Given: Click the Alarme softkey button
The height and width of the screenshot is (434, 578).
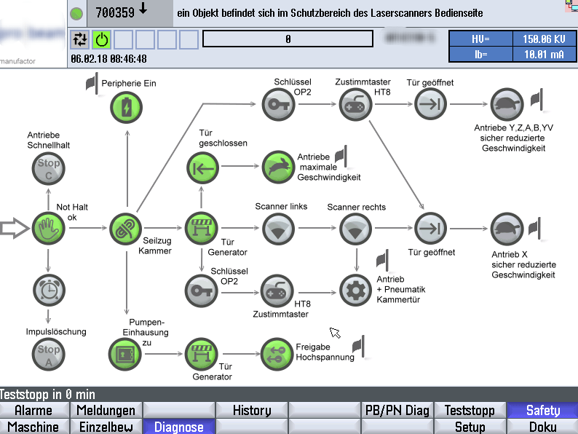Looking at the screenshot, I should click(34, 411).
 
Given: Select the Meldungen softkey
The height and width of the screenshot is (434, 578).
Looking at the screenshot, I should click(106, 411).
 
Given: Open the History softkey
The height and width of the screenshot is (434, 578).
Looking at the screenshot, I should click(251, 411).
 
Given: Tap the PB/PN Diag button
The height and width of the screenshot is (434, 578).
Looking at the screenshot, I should click(397, 411).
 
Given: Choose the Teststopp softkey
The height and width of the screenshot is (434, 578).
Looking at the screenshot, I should click(470, 411).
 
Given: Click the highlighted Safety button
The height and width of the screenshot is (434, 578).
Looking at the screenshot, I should click(542, 411).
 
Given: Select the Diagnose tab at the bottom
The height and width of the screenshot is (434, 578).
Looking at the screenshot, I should click(178, 427).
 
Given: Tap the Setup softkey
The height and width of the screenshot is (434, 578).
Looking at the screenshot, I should click(470, 427).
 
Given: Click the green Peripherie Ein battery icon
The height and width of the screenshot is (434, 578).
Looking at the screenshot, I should click(127, 108).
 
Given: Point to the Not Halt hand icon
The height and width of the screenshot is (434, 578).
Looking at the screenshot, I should click(49, 229).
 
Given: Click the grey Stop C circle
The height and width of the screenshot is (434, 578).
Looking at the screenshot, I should click(49, 168).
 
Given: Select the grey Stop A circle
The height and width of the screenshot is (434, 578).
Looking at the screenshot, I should click(49, 355).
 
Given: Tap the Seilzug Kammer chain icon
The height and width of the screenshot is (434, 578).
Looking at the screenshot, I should click(124, 229).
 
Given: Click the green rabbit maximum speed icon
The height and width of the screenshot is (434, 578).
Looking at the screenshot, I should click(277, 167).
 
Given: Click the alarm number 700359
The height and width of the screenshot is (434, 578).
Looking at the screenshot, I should click(115, 12).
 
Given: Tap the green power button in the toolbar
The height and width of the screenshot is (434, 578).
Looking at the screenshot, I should click(101, 39).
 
